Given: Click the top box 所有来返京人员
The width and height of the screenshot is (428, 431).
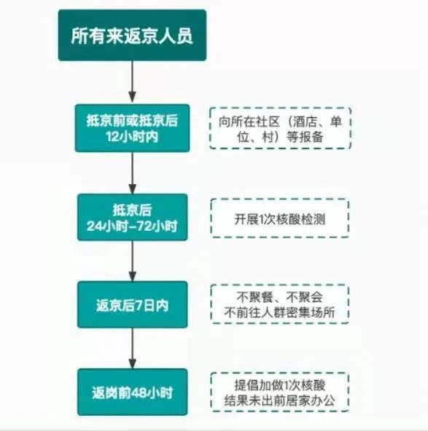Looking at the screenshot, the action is pos(133,35).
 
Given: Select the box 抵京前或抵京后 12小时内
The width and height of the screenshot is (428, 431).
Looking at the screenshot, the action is pos(133,128).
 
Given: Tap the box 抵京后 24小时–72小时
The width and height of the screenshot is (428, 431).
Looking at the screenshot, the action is pos(133,217).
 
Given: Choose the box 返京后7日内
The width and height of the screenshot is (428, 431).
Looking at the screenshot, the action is pos(133,304).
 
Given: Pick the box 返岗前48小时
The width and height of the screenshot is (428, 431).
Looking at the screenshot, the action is pos(133,392).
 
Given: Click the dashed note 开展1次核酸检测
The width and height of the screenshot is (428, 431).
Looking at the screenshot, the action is pos(280,218).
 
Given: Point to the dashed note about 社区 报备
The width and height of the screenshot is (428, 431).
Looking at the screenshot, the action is pos(280,128).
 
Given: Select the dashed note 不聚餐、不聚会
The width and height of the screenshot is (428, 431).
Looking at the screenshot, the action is pos(280,304).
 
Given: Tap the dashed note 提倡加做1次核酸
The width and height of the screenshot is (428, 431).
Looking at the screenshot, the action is pos(280,392).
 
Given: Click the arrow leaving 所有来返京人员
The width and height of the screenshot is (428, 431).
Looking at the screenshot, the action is pos(133,82).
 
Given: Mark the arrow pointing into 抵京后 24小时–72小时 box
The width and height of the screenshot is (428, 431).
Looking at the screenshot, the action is pos(133,173).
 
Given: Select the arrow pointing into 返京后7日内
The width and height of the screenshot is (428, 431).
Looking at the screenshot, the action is pos(133,261).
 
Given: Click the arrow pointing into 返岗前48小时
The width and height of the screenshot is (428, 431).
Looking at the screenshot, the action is pos(133,348).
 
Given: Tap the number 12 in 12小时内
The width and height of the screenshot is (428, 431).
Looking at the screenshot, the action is pos(112,137).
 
